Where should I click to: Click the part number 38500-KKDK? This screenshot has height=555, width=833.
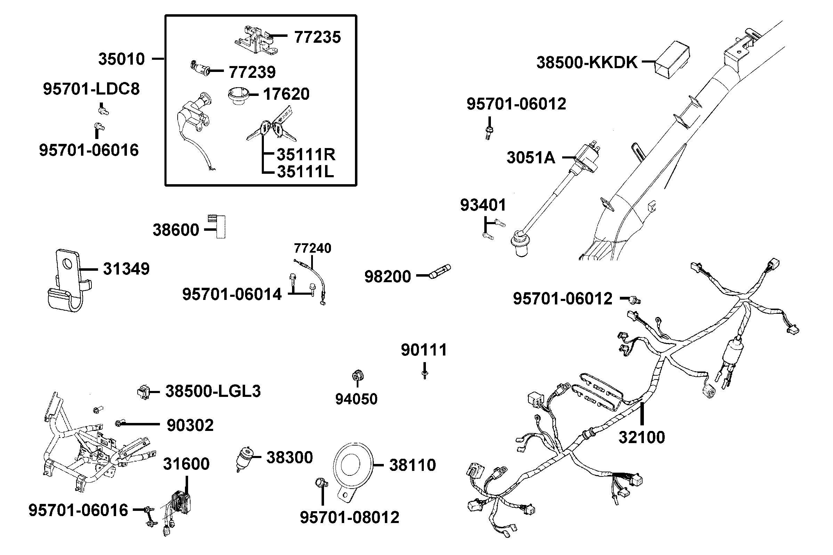click(587, 63)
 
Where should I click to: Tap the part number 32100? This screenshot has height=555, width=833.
click(641, 438)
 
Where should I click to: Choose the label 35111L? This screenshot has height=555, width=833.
click(305, 172)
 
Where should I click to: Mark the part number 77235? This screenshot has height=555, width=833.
click(317, 37)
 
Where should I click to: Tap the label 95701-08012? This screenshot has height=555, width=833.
click(349, 517)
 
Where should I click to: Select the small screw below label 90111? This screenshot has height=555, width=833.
click(424, 375)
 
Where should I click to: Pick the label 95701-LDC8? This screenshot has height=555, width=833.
click(91, 89)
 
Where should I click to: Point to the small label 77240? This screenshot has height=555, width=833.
click(312, 248)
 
